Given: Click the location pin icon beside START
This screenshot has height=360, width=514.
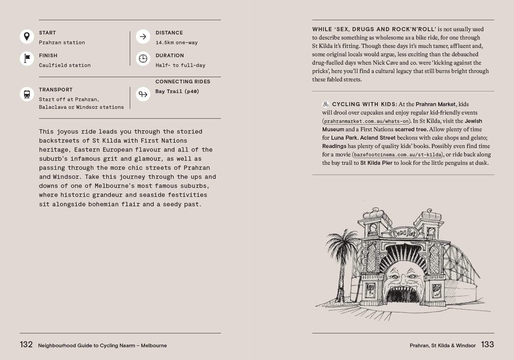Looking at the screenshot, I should point(27,37).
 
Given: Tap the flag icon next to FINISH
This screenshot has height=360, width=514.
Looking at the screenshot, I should point(27,59).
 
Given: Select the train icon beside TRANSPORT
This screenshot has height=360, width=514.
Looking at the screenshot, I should point(27,94).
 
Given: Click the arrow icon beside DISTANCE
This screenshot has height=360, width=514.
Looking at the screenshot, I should point(143,37).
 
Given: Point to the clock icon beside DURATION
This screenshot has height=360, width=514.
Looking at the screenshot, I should point(143,59).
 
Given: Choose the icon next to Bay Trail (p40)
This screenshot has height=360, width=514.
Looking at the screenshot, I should point(143,94).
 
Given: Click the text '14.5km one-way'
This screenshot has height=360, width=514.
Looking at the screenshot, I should point(176,43).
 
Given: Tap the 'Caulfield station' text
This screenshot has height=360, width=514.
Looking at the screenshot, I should point(65,65).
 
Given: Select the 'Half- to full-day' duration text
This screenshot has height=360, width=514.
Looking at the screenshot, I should point(180,65).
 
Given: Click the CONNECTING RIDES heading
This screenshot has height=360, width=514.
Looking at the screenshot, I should point(183,82).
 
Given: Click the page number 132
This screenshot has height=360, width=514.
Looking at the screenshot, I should point(26,345).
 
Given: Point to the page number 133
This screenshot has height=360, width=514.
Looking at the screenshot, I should point(487,345).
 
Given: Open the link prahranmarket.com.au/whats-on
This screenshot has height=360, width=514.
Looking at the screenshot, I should point(366,121).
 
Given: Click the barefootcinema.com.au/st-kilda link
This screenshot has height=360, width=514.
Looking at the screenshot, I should point(397,155).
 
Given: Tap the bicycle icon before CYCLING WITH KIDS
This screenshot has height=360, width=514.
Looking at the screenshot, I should point(326,104).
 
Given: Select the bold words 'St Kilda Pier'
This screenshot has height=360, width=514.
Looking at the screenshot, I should point(376,163).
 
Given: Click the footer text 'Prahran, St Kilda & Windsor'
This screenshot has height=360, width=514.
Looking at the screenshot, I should point(442,346).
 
